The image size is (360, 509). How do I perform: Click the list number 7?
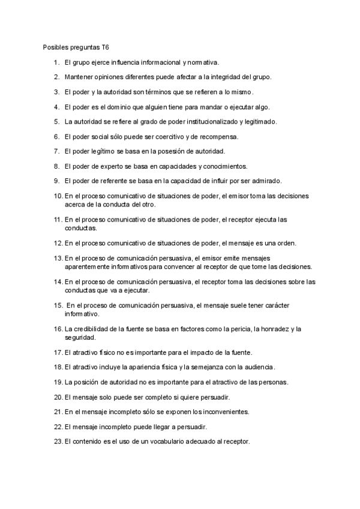56,151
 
